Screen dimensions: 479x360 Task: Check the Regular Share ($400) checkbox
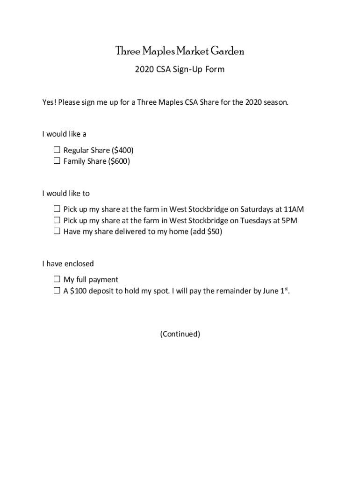click(57, 150)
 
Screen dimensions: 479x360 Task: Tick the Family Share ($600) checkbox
click(57, 161)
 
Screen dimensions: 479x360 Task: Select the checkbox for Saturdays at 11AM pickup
click(57, 209)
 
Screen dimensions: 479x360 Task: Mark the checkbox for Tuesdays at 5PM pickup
click(57, 220)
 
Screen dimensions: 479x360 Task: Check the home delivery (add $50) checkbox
click(57, 231)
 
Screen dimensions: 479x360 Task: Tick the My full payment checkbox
click(57, 279)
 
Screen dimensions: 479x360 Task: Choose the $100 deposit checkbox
click(57, 290)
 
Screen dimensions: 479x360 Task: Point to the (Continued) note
click(180, 334)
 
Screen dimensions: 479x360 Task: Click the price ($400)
click(123, 150)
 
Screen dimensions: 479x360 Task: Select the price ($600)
click(119, 161)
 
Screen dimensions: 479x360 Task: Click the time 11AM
click(294, 209)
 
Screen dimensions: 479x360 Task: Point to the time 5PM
click(288, 220)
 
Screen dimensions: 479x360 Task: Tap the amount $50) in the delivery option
click(215, 232)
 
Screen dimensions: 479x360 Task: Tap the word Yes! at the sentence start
click(49, 102)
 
